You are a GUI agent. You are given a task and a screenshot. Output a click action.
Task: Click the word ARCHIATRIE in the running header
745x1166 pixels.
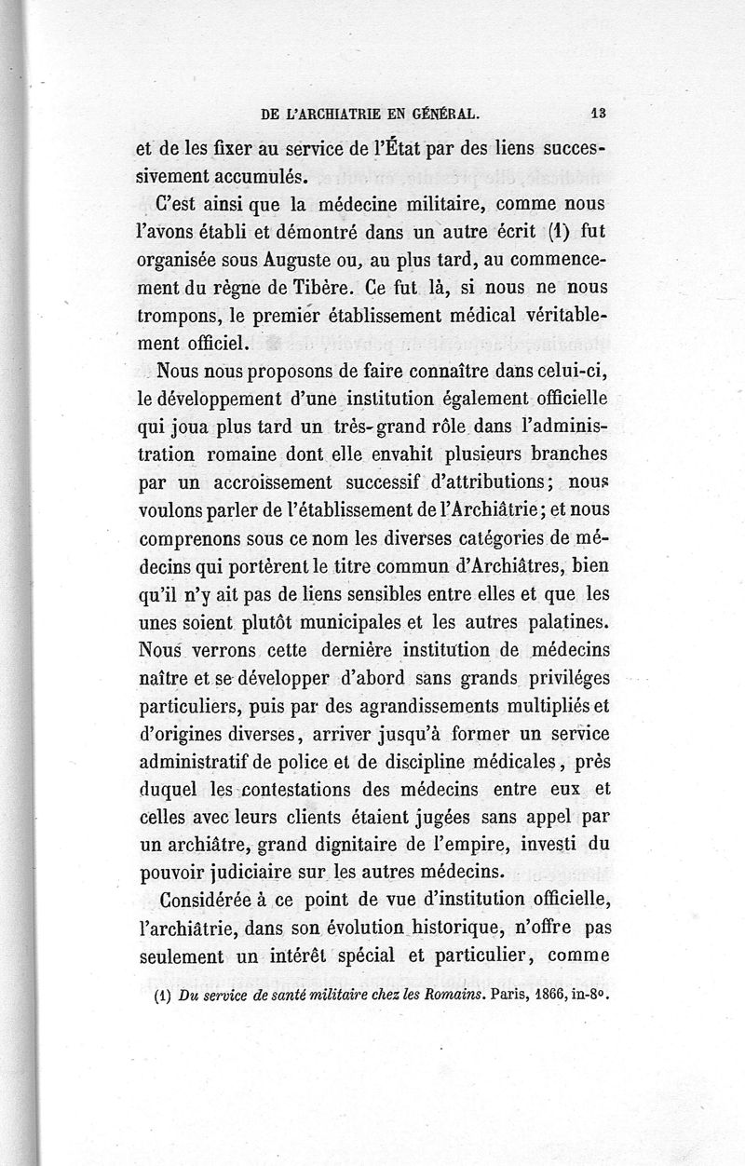click(346, 115)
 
